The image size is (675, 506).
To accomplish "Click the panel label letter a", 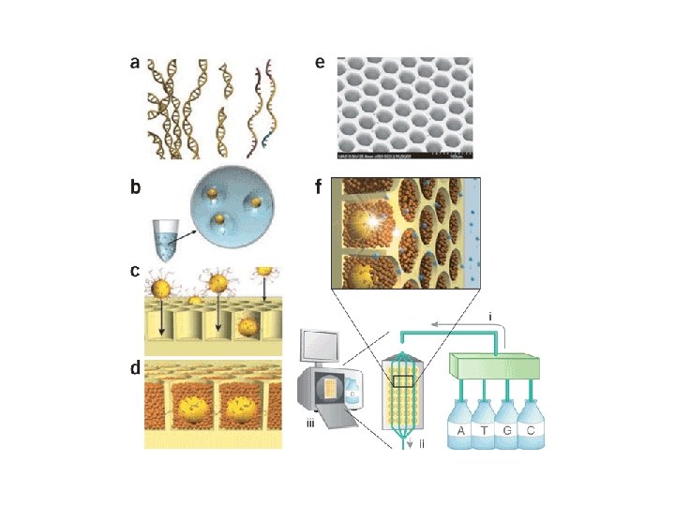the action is pos(136,64).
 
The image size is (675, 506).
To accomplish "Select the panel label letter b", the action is pos(136,186).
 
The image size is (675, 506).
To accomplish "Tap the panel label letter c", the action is pos(136,273).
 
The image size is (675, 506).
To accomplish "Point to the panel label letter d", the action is pos(136,368).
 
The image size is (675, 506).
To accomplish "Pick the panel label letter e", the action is pos(321,64).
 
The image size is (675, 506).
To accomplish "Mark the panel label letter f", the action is pos(320,186).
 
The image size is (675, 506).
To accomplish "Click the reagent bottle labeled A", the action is pos(461,429).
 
